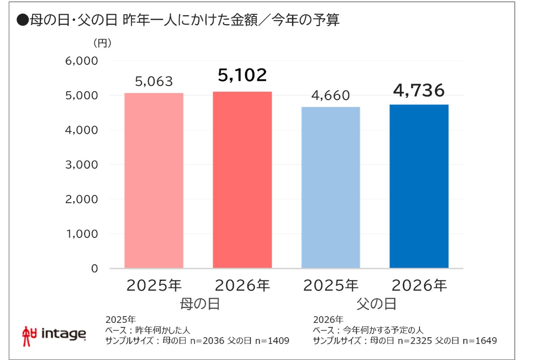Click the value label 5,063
tap(154, 82)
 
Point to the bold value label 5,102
tap(242, 75)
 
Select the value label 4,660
tap(331, 96)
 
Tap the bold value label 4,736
tap(419, 90)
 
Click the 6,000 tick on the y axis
tap(81, 61)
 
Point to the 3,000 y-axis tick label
tap(81, 165)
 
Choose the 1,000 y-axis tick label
tap(81, 234)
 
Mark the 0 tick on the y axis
tap(94, 268)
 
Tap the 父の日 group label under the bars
tap(375, 304)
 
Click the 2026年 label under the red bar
tap(242, 285)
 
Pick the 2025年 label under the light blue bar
tap(331, 285)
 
